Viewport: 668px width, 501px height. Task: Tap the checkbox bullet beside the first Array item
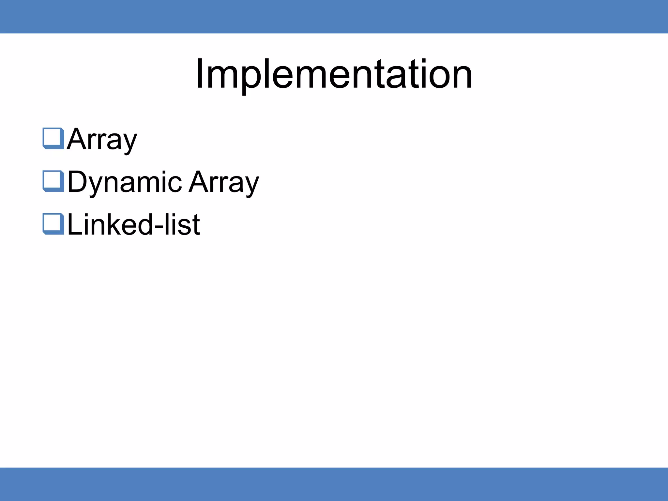tap(53, 138)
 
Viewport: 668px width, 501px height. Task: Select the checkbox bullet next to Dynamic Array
tap(53, 181)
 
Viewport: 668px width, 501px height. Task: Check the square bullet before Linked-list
tap(53, 224)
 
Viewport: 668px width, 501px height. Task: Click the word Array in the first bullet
tap(102, 140)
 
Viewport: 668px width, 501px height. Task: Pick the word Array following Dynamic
tap(224, 182)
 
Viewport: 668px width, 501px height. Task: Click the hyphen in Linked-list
tap(158, 226)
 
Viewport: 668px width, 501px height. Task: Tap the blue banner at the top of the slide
tap(334, 16)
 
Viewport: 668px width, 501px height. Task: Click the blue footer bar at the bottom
tap(334, 484)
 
